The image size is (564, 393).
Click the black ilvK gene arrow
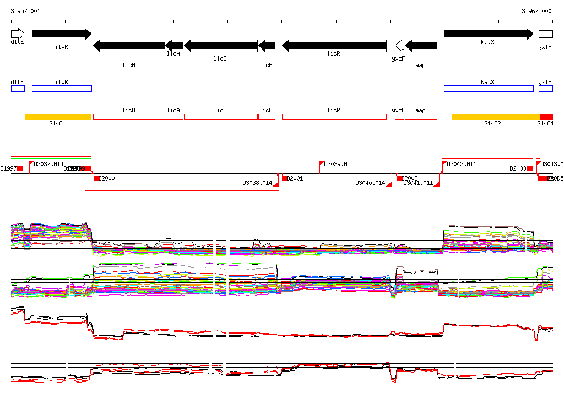[62, 34]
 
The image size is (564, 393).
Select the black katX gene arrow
[489, 34]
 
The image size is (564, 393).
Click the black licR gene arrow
[334, 45]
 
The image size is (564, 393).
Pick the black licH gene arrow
[129, 45]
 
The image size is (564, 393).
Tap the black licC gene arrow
[221, 45]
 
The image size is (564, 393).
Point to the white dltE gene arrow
[18, 34]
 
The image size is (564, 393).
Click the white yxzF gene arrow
[399, 45]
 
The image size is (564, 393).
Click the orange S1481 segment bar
[58, 117]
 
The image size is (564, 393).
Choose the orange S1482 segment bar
[496, 117]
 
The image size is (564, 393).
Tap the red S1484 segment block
[546, 117]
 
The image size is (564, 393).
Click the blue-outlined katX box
[489, 89]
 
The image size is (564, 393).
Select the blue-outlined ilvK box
[62, 89]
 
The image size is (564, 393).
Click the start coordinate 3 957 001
[25, 11]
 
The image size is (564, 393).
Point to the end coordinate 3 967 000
[536, 11]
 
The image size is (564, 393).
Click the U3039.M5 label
[337, 164]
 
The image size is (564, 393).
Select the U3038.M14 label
[257, 183]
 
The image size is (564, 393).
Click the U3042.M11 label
[462, 164]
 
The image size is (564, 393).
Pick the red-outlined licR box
[334, 117]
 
